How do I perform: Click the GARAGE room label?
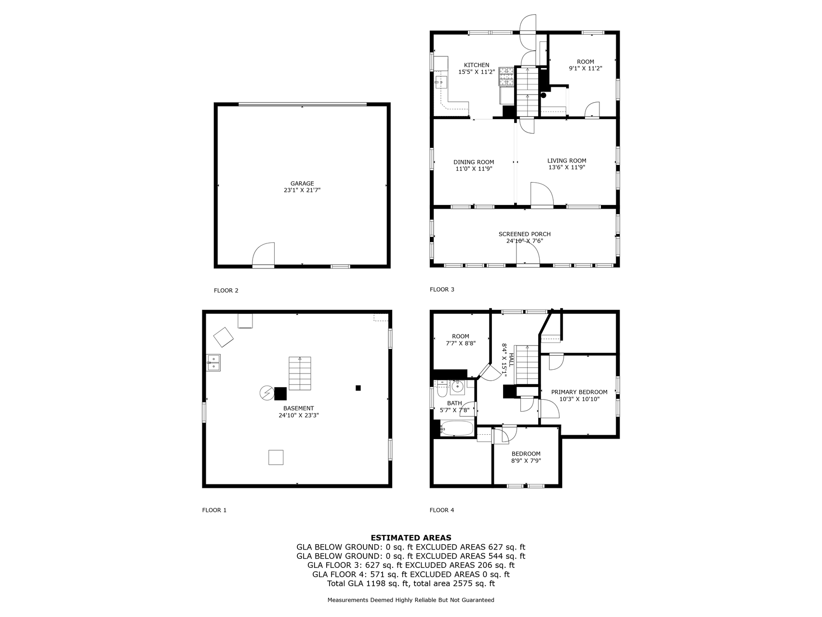pyautogui.click(x=302, y=184)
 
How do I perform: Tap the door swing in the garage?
pyautogui.click(x=264, y=254)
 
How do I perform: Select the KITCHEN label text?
pyautogui.click(x=477, y=65)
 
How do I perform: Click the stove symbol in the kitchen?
pyautogui.click(x=506, y=76)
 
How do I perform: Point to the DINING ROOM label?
pyautogui.click(x=474, y=162)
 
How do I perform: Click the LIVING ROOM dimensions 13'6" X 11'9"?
pyautogui.click(x=567, y=168)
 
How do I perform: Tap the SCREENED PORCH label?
pyautogui.click(x=525, y=234)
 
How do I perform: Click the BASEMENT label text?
pyautogui.click(x=299, y=408)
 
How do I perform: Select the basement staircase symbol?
pyautogui.click(x=300, y=374)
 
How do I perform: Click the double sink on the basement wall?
pyautogui.click(x=213, y=363)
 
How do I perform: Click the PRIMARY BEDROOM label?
pyautogui.click(x=579, y=392)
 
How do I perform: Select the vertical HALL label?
pyautogui.click(x=511, y=360)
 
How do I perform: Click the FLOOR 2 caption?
pyautogui.click(x=226, y=291)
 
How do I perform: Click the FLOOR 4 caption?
pyautogui.click(x=442, y=510)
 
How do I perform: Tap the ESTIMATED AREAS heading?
pyautogui.click(x=411, y=538)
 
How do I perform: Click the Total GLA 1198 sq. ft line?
pyautogui.click(x=411, y=584)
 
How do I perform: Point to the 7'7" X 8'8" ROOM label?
pyautogui.click(x=460, y=340)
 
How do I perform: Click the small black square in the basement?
pyautogui.click(x=358, y=388)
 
